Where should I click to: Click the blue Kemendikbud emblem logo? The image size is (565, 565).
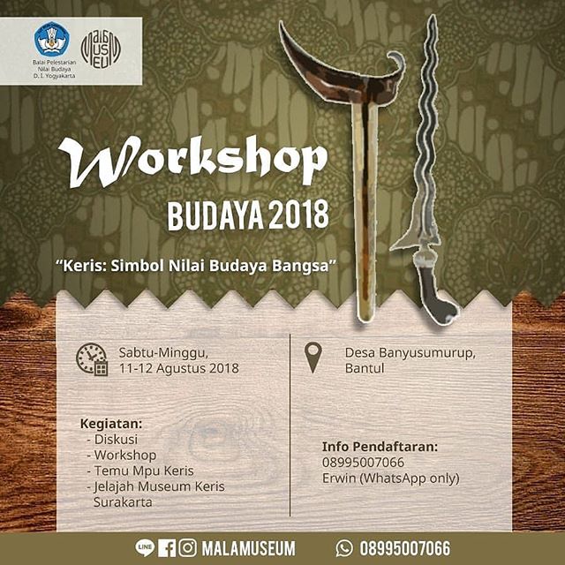[52, 39]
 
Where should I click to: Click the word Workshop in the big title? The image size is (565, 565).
[192, 162]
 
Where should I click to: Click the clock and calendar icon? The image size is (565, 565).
[92, 359]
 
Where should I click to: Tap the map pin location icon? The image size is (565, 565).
[313, 358]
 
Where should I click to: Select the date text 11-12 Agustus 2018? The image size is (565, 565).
[179, 369]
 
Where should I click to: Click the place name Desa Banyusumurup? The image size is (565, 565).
[410, 353]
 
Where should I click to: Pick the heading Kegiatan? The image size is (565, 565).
[111, 424]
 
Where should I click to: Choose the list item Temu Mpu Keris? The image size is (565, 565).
[144, 471]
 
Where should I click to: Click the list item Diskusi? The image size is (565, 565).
[116, 440]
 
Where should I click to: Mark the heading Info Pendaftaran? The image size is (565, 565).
[380, 447]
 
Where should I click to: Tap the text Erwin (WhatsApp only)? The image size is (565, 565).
[390, 478]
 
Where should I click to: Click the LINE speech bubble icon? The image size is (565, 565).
[145, 547]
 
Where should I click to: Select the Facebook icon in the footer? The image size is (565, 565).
[167, 548]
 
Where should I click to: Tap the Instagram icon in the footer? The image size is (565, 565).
[188, 547]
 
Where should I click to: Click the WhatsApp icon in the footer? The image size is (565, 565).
[344, 548]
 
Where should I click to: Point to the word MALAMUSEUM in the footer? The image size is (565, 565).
[248, 548]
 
